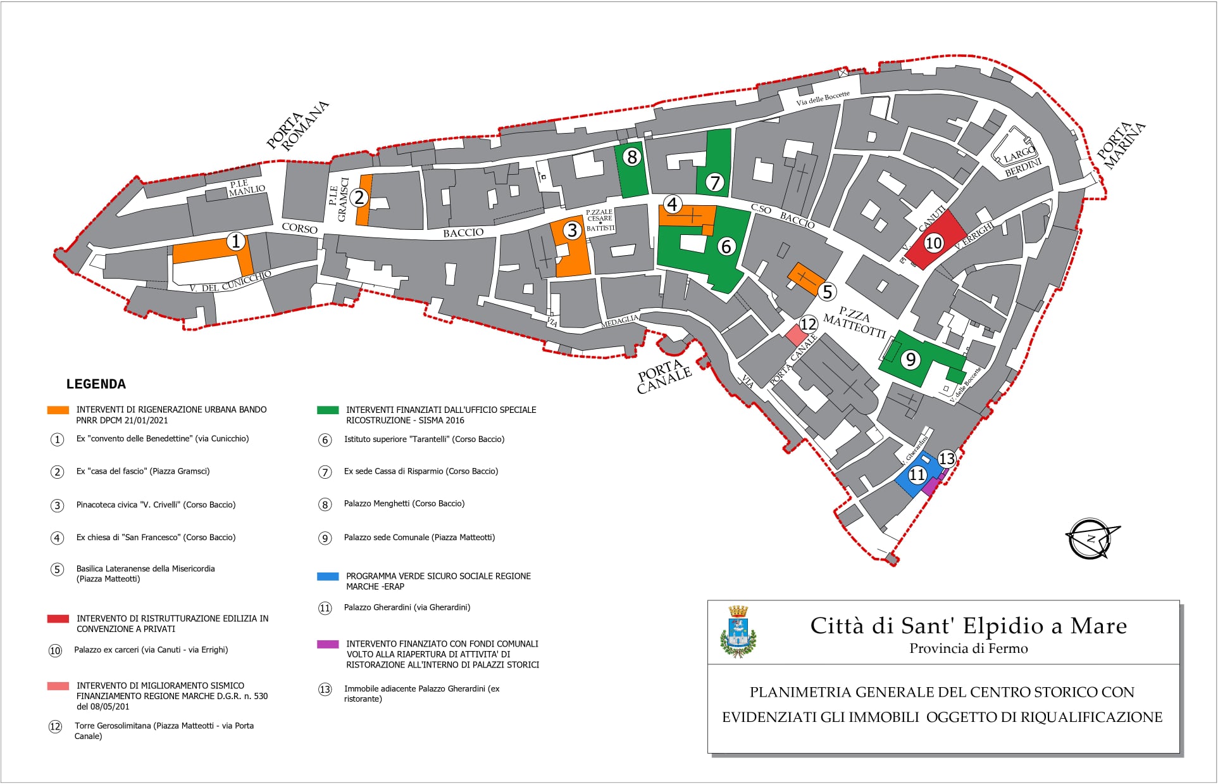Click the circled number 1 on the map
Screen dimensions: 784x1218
[236, 241]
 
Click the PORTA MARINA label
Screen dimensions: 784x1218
[1121, 146]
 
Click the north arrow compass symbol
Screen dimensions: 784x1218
[1091, 539]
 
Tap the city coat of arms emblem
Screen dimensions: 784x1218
[738, 631]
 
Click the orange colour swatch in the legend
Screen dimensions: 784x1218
[58, 410]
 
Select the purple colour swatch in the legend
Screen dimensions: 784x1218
[328, 644]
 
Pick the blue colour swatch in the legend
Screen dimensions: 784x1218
[328, 576]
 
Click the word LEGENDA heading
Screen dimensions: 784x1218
[96, 384]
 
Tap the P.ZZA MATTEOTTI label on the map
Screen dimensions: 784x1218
[854, 322]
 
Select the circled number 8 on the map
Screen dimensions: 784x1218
[631, 157]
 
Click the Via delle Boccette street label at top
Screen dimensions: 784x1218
[823, 99]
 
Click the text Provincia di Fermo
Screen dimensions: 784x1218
[968, 648]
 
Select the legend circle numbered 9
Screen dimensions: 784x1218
[325, 538]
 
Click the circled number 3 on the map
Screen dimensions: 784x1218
[573, 230]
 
